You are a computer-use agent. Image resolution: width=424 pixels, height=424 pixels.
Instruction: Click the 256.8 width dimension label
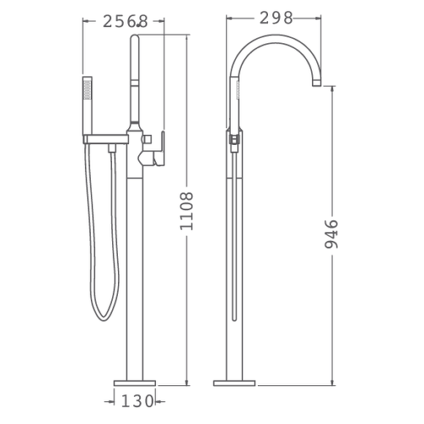coord(125,21)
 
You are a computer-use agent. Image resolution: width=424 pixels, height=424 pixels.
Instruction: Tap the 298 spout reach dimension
coord(276,18)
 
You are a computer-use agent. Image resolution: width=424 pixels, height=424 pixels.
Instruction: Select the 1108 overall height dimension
coord(187,211)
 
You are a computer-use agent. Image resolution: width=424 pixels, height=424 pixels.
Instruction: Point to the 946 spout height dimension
coord(331,234)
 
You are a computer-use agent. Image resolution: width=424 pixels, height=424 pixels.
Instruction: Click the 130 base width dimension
coord(137,401)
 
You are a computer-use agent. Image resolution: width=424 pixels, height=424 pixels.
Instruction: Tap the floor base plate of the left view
coord(135,383)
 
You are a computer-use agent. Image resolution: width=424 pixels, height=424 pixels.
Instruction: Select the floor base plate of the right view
coord(234,383)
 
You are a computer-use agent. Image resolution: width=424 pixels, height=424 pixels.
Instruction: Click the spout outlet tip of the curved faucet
coord(316,83)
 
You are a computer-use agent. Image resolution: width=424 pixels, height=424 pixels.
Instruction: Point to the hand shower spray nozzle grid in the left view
coord(87,90)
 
